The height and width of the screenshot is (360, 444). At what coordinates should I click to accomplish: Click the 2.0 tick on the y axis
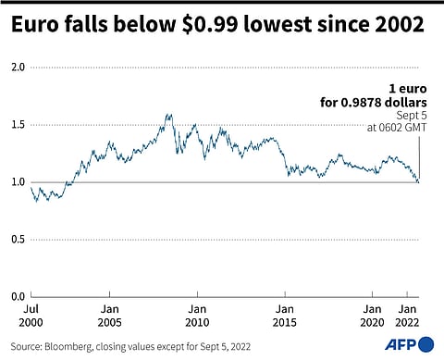point(17,68)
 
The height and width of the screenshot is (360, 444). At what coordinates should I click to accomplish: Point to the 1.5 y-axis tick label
point(17,125)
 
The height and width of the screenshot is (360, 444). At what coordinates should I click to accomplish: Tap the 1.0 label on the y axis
point(17,182)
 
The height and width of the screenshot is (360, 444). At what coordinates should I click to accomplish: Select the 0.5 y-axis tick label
point(17,239)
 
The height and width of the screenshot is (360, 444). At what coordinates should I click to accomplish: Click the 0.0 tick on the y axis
point(17,296)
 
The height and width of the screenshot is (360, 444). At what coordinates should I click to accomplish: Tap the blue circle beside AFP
point(426,344)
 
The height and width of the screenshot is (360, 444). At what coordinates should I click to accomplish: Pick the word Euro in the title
point(34,28)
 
